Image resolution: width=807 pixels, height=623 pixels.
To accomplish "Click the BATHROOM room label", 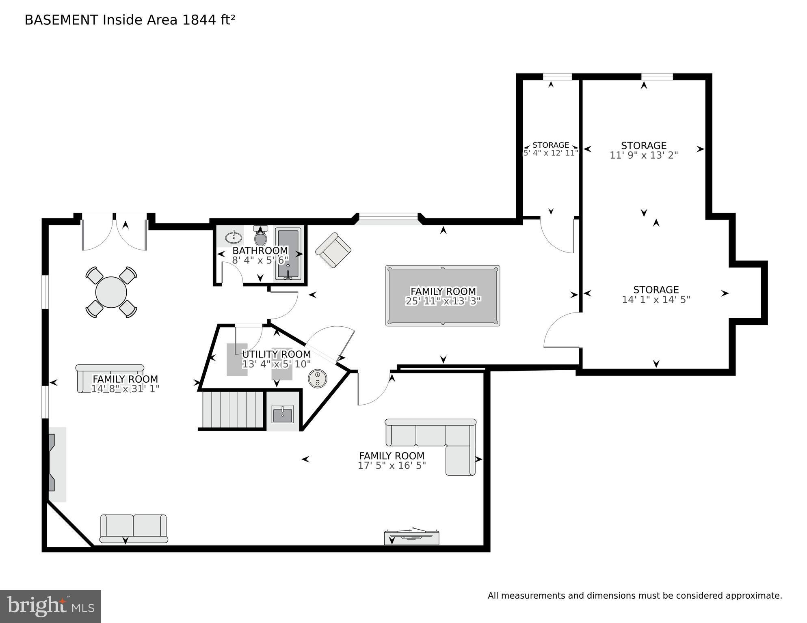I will click(x=260, y=250).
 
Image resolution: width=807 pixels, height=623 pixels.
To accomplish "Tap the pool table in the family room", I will click(x=442, y=296).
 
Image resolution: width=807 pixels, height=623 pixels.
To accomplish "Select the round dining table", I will click(x=111, y=292).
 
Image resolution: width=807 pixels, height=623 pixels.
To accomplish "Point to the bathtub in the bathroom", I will click(x=288, y=254).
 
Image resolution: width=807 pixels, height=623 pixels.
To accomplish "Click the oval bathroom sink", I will click(x=234, y=236).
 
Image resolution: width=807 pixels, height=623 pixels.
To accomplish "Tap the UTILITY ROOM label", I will click(x=276, y=354).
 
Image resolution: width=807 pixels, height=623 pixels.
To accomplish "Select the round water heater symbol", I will click(x=317, y=379).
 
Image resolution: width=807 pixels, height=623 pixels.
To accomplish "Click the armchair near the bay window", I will click(x=333, y=250).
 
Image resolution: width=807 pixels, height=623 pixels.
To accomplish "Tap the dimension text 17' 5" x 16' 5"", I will click(x=392, y=466).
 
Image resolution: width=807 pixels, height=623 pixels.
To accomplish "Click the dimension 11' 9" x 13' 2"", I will click(x=643, y=155).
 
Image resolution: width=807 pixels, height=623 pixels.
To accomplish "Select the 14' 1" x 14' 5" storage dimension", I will click(x=656, y=300).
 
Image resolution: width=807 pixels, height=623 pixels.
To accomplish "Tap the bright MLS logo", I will click(x=50, y=606).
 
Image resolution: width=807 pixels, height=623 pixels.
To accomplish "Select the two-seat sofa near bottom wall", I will click(x=133, y=528).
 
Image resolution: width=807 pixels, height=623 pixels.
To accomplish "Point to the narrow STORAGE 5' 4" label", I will click(x=550, y=145).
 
